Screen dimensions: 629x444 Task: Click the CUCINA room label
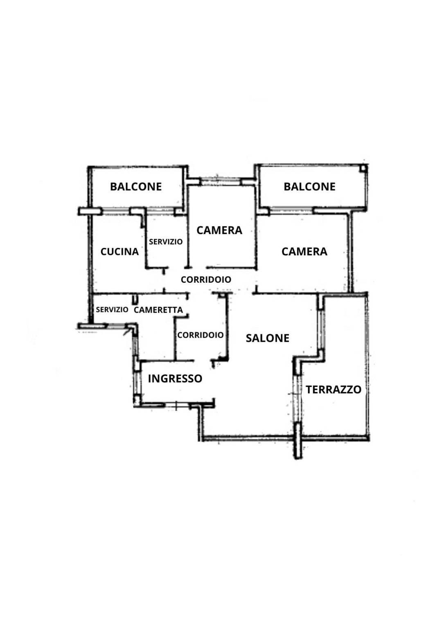tap(119, 251)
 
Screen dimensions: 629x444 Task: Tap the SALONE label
tap(267, 338)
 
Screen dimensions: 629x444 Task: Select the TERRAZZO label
tap(334, 389)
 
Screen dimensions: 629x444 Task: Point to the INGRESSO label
tap(175, 378)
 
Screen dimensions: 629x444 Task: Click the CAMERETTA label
tap(158, 310)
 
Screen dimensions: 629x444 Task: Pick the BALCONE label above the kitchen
tap(136, 187)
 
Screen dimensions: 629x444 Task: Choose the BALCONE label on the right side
tap(309, 187)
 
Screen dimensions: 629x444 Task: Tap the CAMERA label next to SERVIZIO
tap(219, 230)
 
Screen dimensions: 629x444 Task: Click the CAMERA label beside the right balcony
tap(304, 251)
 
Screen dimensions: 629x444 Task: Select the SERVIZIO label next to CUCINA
tap(166, 242)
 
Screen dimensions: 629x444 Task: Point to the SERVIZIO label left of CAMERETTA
tap(112, 310)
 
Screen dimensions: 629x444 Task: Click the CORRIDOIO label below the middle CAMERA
tap(206, 279)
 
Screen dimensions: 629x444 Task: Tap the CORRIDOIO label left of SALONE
tap(201, 335)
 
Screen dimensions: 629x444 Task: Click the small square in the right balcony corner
tap(363, 168)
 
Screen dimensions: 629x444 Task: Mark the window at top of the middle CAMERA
tap(220, 182)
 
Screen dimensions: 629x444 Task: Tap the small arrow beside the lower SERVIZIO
tap(126, 331)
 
